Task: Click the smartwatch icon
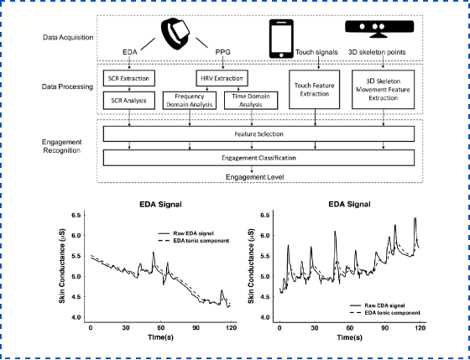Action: tap(175, 34)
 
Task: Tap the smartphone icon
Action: tap(281, 39)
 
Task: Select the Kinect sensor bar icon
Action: tap(379, 29)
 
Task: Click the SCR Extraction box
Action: tap(129, 79)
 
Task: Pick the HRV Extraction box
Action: tap(222, 79)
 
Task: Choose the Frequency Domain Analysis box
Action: tap(190, 101)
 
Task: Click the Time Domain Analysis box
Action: tap(251, 101)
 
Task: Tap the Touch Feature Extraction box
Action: tap(314, 89)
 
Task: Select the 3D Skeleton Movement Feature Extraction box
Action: tap(383, 89)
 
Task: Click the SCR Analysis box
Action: tap(129, 101)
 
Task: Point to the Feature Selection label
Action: tap(259, 134)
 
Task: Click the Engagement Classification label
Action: tap(259, 158)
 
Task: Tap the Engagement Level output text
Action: tap(255, 177)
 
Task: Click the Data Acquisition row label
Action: tap(68, 38)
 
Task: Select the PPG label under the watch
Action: tap(223, 52)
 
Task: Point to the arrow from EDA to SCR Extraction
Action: tap(129, 63)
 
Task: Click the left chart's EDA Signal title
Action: tap(160, 205)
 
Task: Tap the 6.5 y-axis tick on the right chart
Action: tap(265, 215)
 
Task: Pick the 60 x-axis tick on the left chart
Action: tap(161, 328)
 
